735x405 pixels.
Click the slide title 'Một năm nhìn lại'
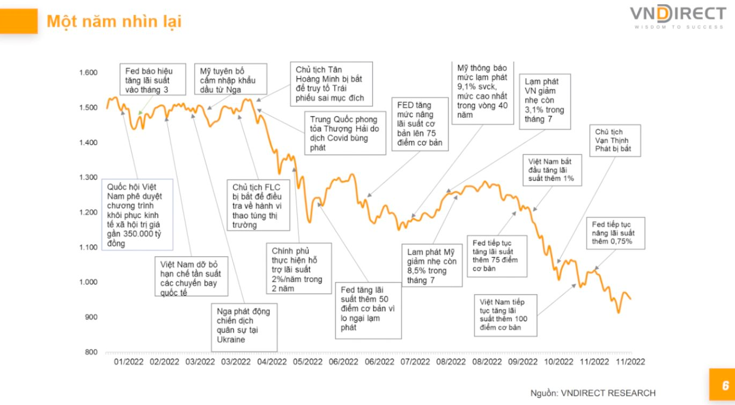(114, 21)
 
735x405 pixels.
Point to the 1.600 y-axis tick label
(89, 73)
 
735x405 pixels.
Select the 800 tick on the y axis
(92, 352)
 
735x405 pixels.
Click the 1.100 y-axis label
(89, 248)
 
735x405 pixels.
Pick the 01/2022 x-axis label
(129, 362)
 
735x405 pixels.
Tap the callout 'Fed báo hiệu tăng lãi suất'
(149, 80)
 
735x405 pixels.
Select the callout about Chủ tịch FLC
(259, 206)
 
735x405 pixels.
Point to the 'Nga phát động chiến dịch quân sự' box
(244, 326)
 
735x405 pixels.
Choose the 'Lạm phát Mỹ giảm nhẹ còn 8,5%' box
(431, 265)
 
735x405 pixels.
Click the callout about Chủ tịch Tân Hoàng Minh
(331, 83)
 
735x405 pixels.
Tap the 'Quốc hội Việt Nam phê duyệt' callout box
(137, 214)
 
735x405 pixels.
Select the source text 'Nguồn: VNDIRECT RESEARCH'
(593, 393)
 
